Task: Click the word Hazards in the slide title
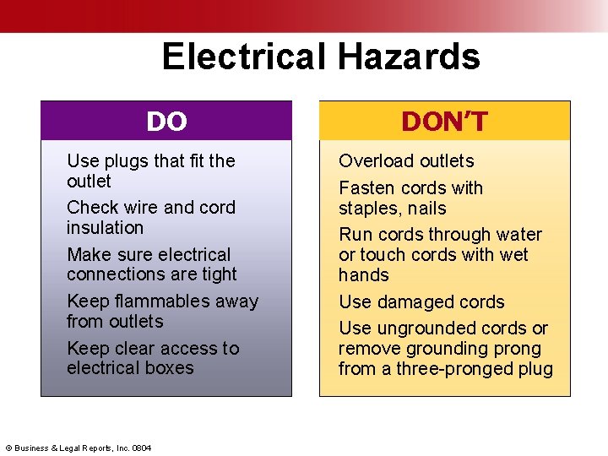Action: pyautogui.click(x=409, y=57)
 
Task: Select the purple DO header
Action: pyautogui.click(x=166, y=122)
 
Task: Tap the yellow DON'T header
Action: pyautogui.click(x=444, y=122)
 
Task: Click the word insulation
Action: pyautogui.click(x=105, y=228)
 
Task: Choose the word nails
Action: pyautogui.click(x=425, y=209)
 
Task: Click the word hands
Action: pyautogui.click(x=364, y=275)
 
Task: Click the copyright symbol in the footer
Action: pyautogui.click(x=8, y=447)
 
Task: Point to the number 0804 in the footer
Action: pyautogui.click(x=142, y=447)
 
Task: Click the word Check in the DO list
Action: pyautogui.click(x=92, y=208)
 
